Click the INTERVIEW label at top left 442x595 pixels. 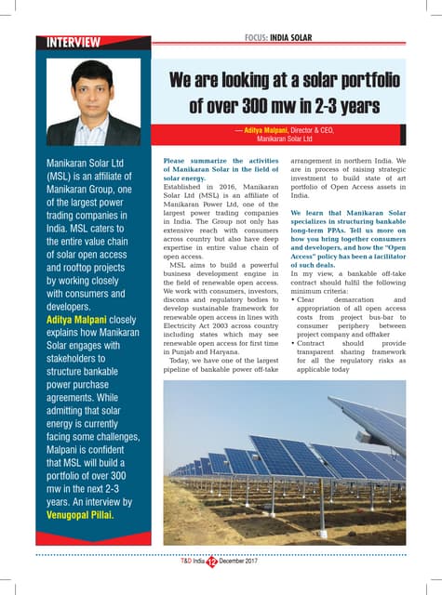tap(68, 43)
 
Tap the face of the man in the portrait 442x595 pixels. tap(91, 89)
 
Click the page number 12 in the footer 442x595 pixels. tap(210, 562)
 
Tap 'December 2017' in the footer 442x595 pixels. tap(245, 562)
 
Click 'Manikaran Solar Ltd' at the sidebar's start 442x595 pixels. tap(86, 164)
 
